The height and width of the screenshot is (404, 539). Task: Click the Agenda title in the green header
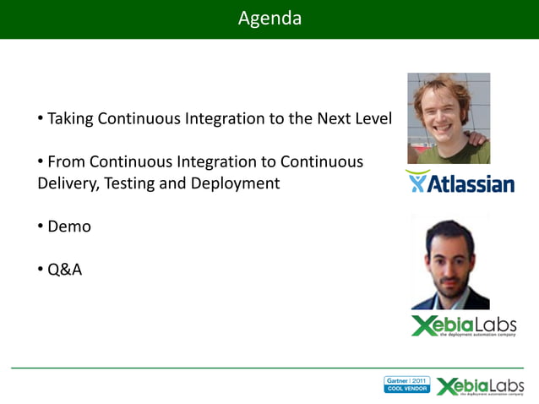pos(269,18)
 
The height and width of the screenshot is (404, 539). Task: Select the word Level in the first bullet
pos(373,119)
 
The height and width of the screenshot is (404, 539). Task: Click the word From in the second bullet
pos(67,161)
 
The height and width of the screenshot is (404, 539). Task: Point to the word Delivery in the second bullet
pos(67,183)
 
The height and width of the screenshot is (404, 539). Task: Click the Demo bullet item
pos(68,227)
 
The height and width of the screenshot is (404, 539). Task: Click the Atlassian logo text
pos(470,183)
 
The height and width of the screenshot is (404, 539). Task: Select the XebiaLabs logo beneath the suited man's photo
pos(463,325)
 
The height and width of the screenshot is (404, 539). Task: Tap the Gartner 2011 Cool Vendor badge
pos(406,385)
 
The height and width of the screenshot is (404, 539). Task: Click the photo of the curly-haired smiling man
pos(449,118)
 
